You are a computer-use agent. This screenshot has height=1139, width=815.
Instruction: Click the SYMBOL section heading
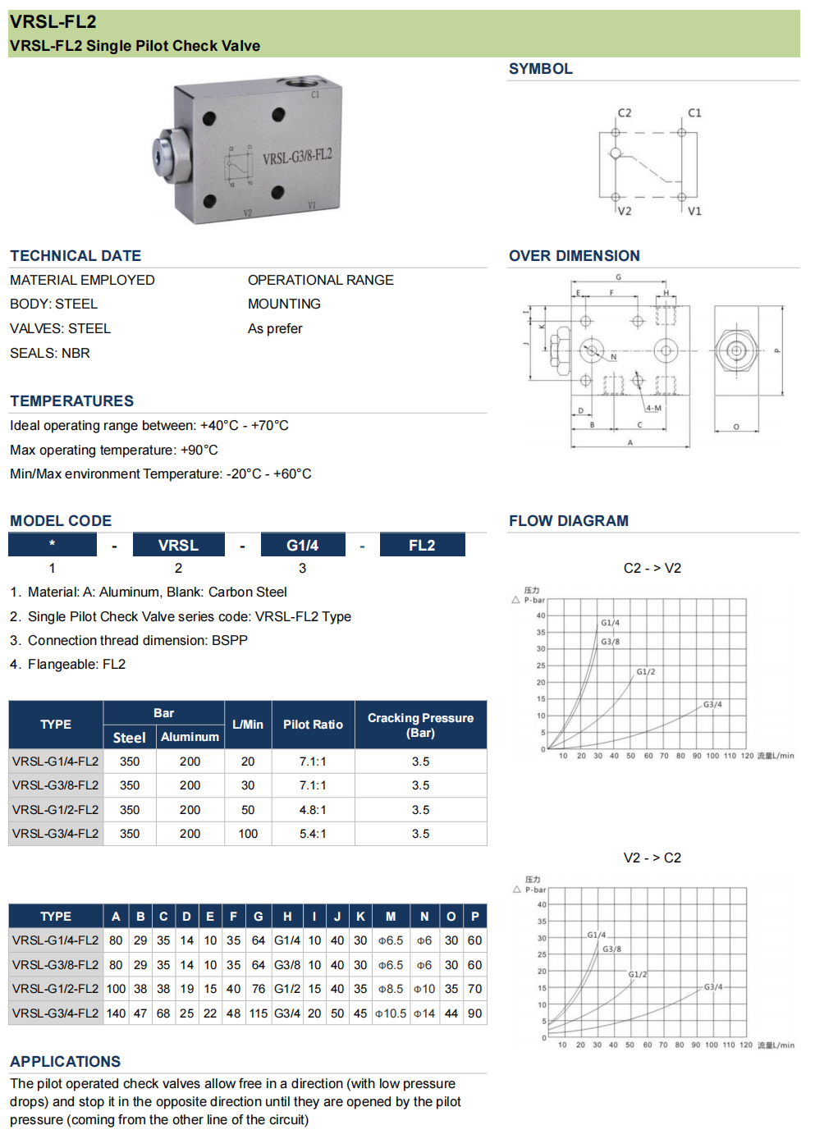click(x=540, y=69)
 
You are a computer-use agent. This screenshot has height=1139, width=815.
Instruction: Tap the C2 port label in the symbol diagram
click(x=625, y=113)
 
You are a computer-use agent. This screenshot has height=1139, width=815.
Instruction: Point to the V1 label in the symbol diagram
click(x=694, y=211)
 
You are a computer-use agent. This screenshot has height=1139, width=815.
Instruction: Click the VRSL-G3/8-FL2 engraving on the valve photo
click(x=297, y=157)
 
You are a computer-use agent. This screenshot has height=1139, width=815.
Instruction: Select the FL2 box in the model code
click(x=422, y=545)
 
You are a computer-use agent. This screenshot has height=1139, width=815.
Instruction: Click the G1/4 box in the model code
click(x=302, y=545)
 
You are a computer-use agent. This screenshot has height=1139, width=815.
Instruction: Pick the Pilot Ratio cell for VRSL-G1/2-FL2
click(x=313, y=810)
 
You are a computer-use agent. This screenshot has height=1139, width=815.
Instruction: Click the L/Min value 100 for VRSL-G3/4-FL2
click(x=248, y=834)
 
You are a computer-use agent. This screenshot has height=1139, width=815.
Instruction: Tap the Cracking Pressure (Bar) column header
click(x=420, y=725)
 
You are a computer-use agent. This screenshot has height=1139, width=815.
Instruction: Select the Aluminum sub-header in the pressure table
click(x=190, y=737)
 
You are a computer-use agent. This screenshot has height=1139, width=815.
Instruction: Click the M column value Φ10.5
click(x=391, y=1013)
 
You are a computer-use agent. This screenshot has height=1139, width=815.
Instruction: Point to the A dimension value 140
click(x=116, y=1013)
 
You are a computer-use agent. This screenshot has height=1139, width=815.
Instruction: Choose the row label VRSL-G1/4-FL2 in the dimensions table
click(x=56, y=940)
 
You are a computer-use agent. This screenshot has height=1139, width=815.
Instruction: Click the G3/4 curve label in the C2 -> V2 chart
click(x=712, y=704)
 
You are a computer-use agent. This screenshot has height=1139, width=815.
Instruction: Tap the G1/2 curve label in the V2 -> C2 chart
click(x=638, y=974)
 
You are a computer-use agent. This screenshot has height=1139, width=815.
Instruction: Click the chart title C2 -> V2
click(x=652, y=568)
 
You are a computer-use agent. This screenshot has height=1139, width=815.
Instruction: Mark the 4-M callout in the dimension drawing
click(x=653, y=408)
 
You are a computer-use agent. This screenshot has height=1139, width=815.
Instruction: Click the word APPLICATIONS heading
click(x=66, y=1061)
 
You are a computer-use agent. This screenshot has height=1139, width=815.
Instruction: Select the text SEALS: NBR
click(x=50, y=353)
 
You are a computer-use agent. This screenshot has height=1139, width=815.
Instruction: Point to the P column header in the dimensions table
click(x=474, y=917)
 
